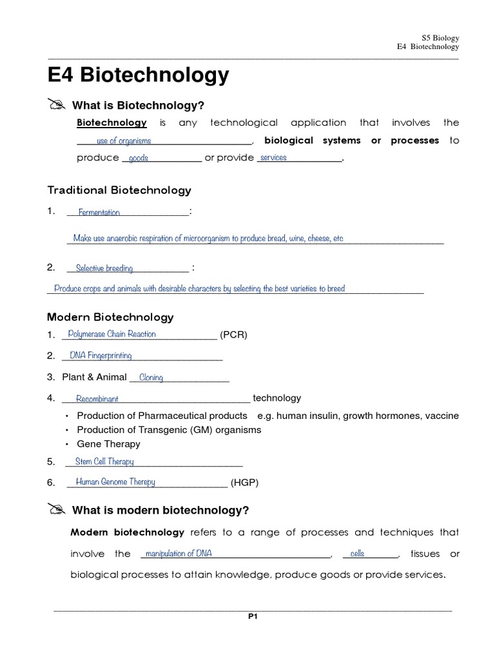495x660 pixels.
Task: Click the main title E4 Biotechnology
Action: pos(139,75)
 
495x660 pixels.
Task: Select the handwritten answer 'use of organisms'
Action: pos(124,141)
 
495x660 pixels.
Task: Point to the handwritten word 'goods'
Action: pos(139,159)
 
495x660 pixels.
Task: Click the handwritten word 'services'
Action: pos(273,158)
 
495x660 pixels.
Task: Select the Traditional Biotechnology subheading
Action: pos(119,190)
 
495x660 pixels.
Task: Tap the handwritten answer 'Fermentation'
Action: pos(99,212)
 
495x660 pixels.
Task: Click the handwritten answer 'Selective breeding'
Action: pos(104,268)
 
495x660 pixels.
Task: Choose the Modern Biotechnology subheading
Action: pos(110,317)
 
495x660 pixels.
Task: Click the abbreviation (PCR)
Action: pos(233,335)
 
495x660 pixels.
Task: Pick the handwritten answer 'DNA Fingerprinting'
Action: pos(101,356)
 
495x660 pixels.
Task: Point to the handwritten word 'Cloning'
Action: pos(151,378)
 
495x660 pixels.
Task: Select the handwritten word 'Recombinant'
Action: pos(97,399)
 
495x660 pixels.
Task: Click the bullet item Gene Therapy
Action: pos(108,443)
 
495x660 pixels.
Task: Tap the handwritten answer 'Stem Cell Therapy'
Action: pos(104,461)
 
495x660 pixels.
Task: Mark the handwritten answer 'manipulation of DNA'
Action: pos(179,554)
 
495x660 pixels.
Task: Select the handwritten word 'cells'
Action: pos(357,554)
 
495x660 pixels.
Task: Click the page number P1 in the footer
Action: pos(253,616)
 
